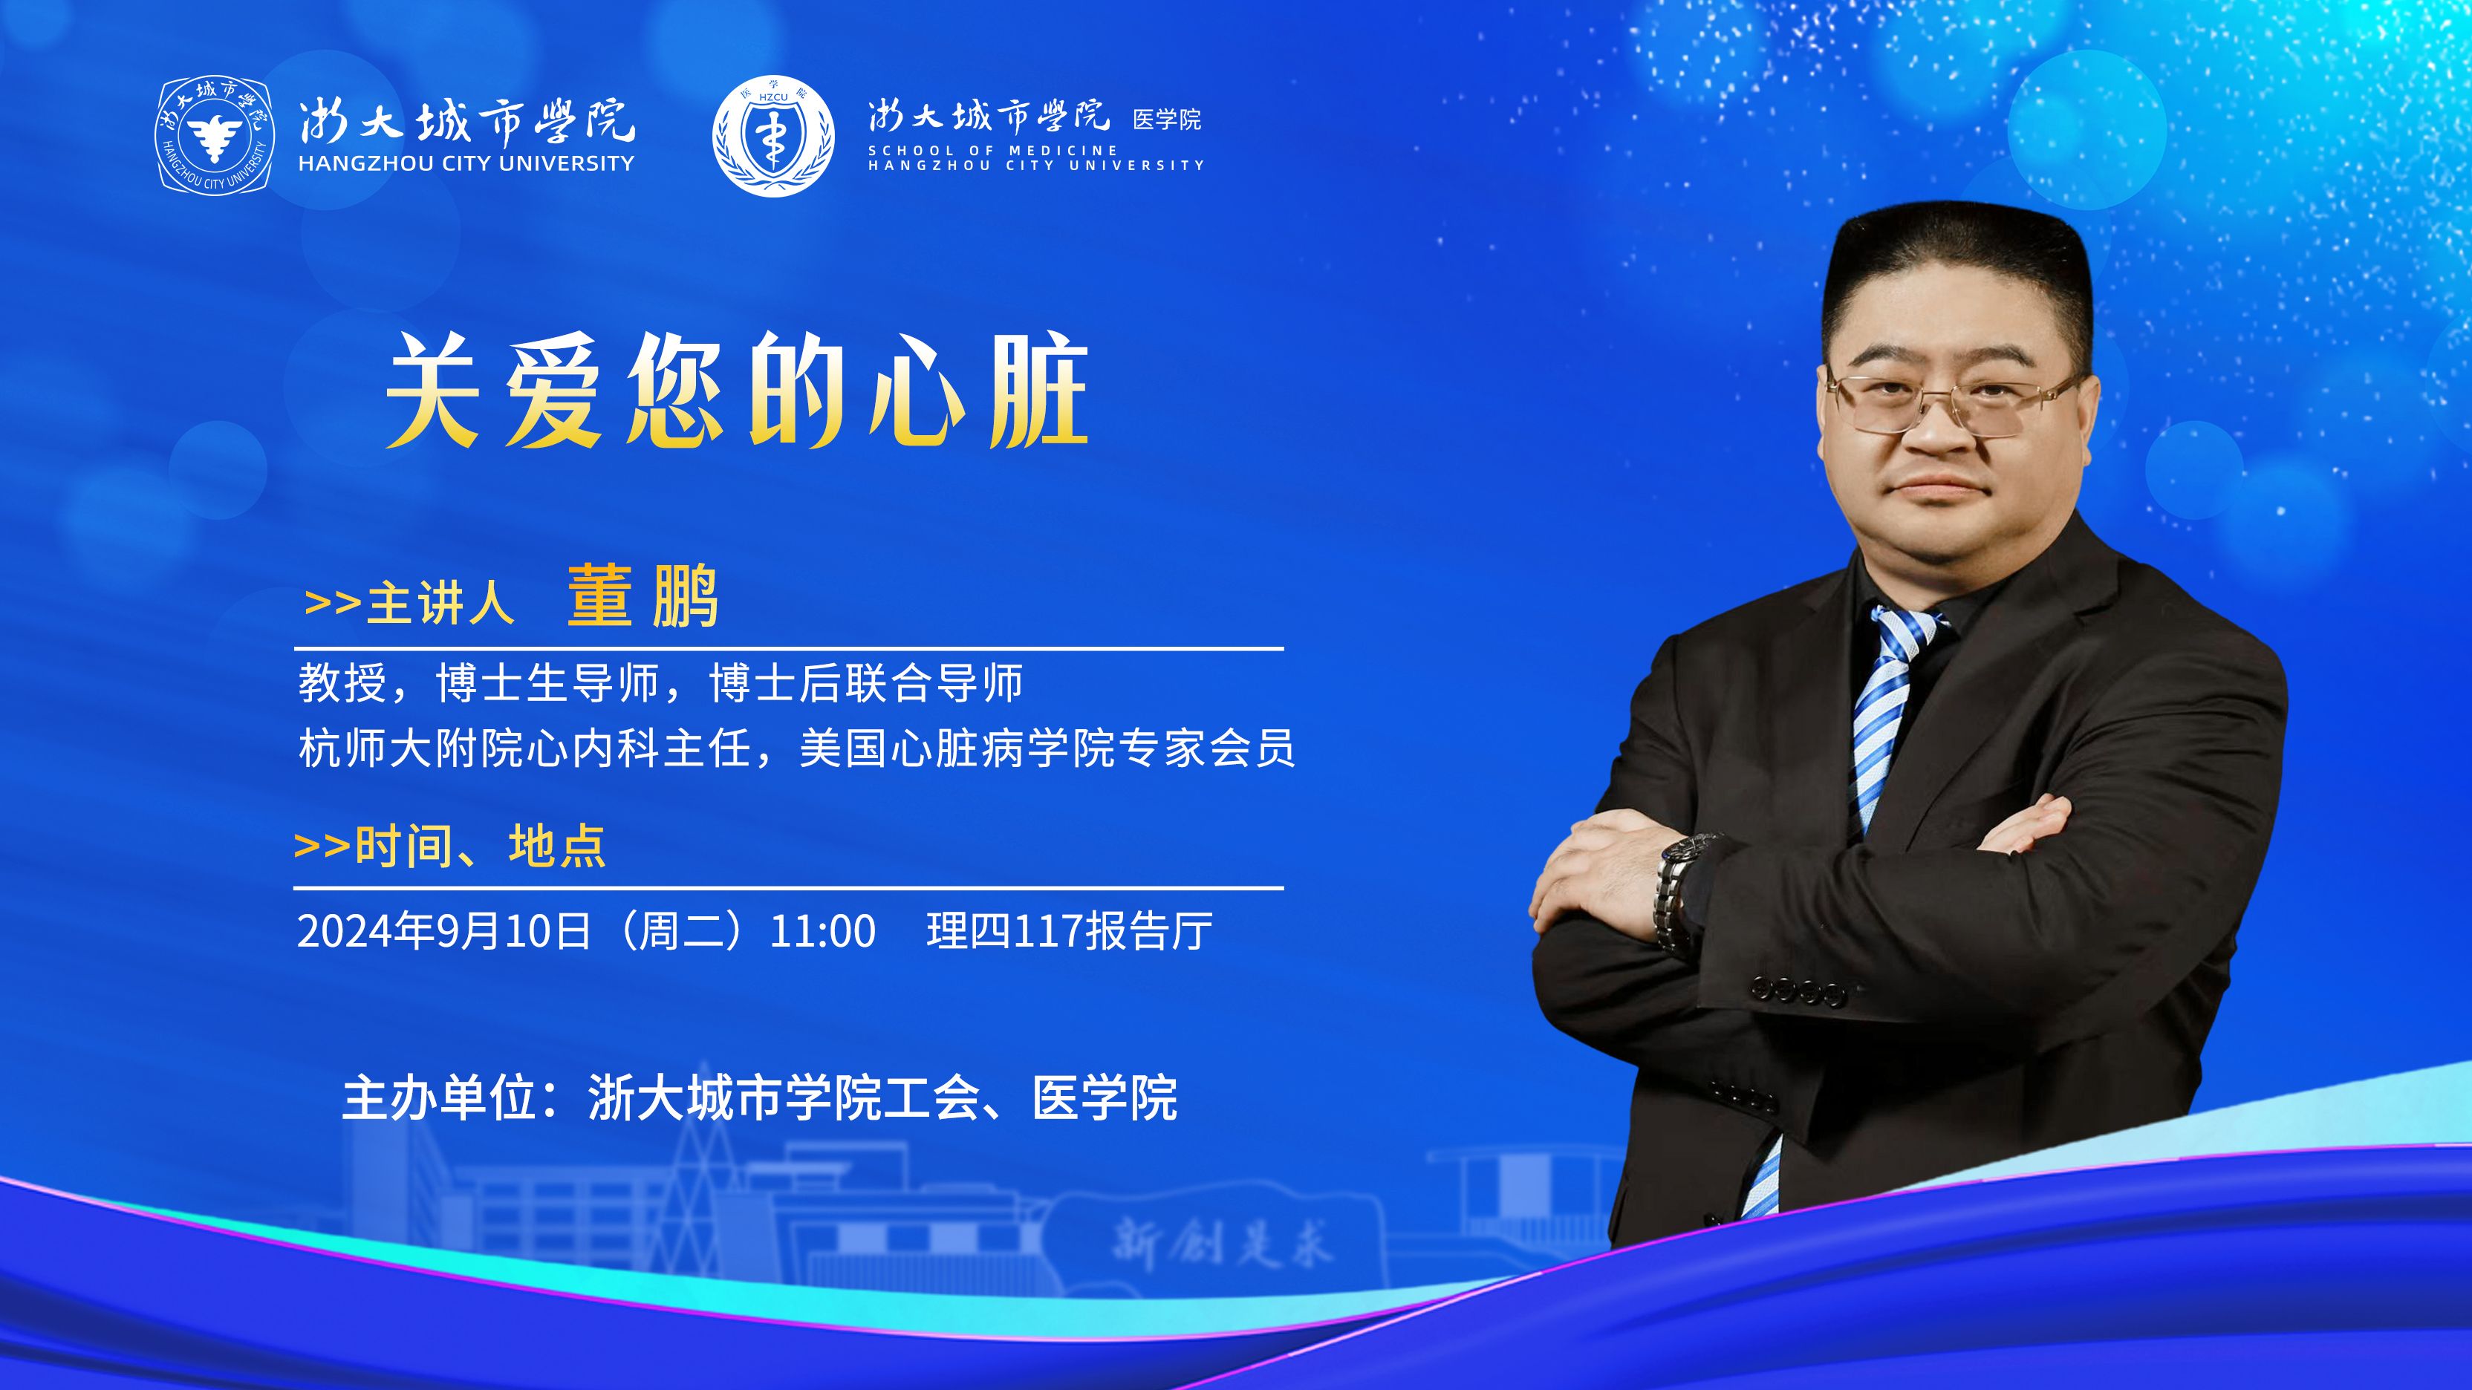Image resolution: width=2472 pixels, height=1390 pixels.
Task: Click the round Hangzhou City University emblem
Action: point(214,134)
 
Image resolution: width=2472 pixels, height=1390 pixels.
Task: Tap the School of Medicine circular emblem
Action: point(773,135)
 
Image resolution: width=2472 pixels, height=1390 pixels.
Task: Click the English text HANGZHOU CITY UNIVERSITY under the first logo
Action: point(466,164)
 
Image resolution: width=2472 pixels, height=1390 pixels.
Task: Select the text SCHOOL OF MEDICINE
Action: point(993,151)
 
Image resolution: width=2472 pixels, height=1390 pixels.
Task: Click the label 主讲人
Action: point(440,604)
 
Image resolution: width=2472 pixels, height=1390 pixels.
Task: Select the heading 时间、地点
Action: point(480,846)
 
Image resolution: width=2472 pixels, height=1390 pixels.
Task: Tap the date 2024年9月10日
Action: point(444,930)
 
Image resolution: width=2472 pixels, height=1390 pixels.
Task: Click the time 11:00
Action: point(822,931)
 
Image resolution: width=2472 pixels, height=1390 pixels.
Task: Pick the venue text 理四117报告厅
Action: point(1069,930)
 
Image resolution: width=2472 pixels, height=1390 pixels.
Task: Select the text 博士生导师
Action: point(547,683)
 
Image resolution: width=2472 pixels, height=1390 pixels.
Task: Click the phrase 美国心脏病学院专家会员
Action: point(1047,748)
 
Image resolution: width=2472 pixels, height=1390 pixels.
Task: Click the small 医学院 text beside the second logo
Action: point(1167,119)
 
